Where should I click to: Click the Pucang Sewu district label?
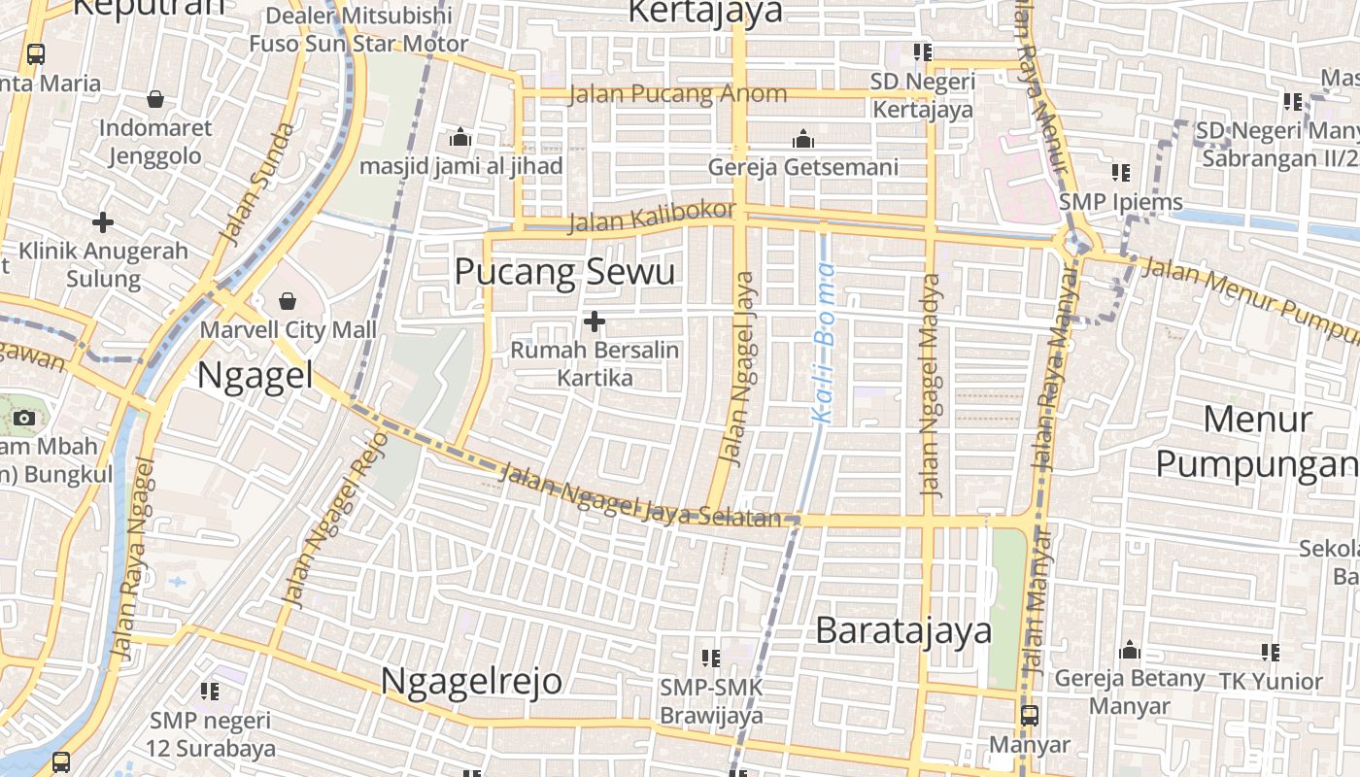pyautogui.click(x=564, y=272)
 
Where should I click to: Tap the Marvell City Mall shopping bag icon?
pyautogui.click(x=288, y=301)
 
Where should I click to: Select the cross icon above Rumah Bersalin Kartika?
pyautogui.click(x=595, y=321)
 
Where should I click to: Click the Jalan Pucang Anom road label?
pyautogui.click(x=677, y=94)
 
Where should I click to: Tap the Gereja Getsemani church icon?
pyautogui.click(x=802, y=139)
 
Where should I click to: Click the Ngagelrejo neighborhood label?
pyautogui.click(x=471, y=681)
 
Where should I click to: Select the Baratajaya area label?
pyautogui.click(x=903, y=630)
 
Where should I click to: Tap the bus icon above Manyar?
pyautogui.click(x=1029, y=716)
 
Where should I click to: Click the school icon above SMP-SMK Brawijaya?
pyautogui.click(x=711, y=659)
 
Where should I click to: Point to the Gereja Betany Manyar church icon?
pyautogui.click(x=1129, y=649)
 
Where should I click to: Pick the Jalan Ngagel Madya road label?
pyautogui.click(x=932, y=386)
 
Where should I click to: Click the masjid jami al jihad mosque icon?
pyautogui.click(x=460, y=138)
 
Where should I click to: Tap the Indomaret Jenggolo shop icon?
pyautogui.click(x=155, y=99)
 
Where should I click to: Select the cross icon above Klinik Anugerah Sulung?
pyautogui.click(x=103, y=222)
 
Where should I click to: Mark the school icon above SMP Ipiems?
pyautogui.click(x=1121, y=173)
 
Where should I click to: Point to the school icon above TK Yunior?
pyautogui.click(x=1271, y=653)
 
